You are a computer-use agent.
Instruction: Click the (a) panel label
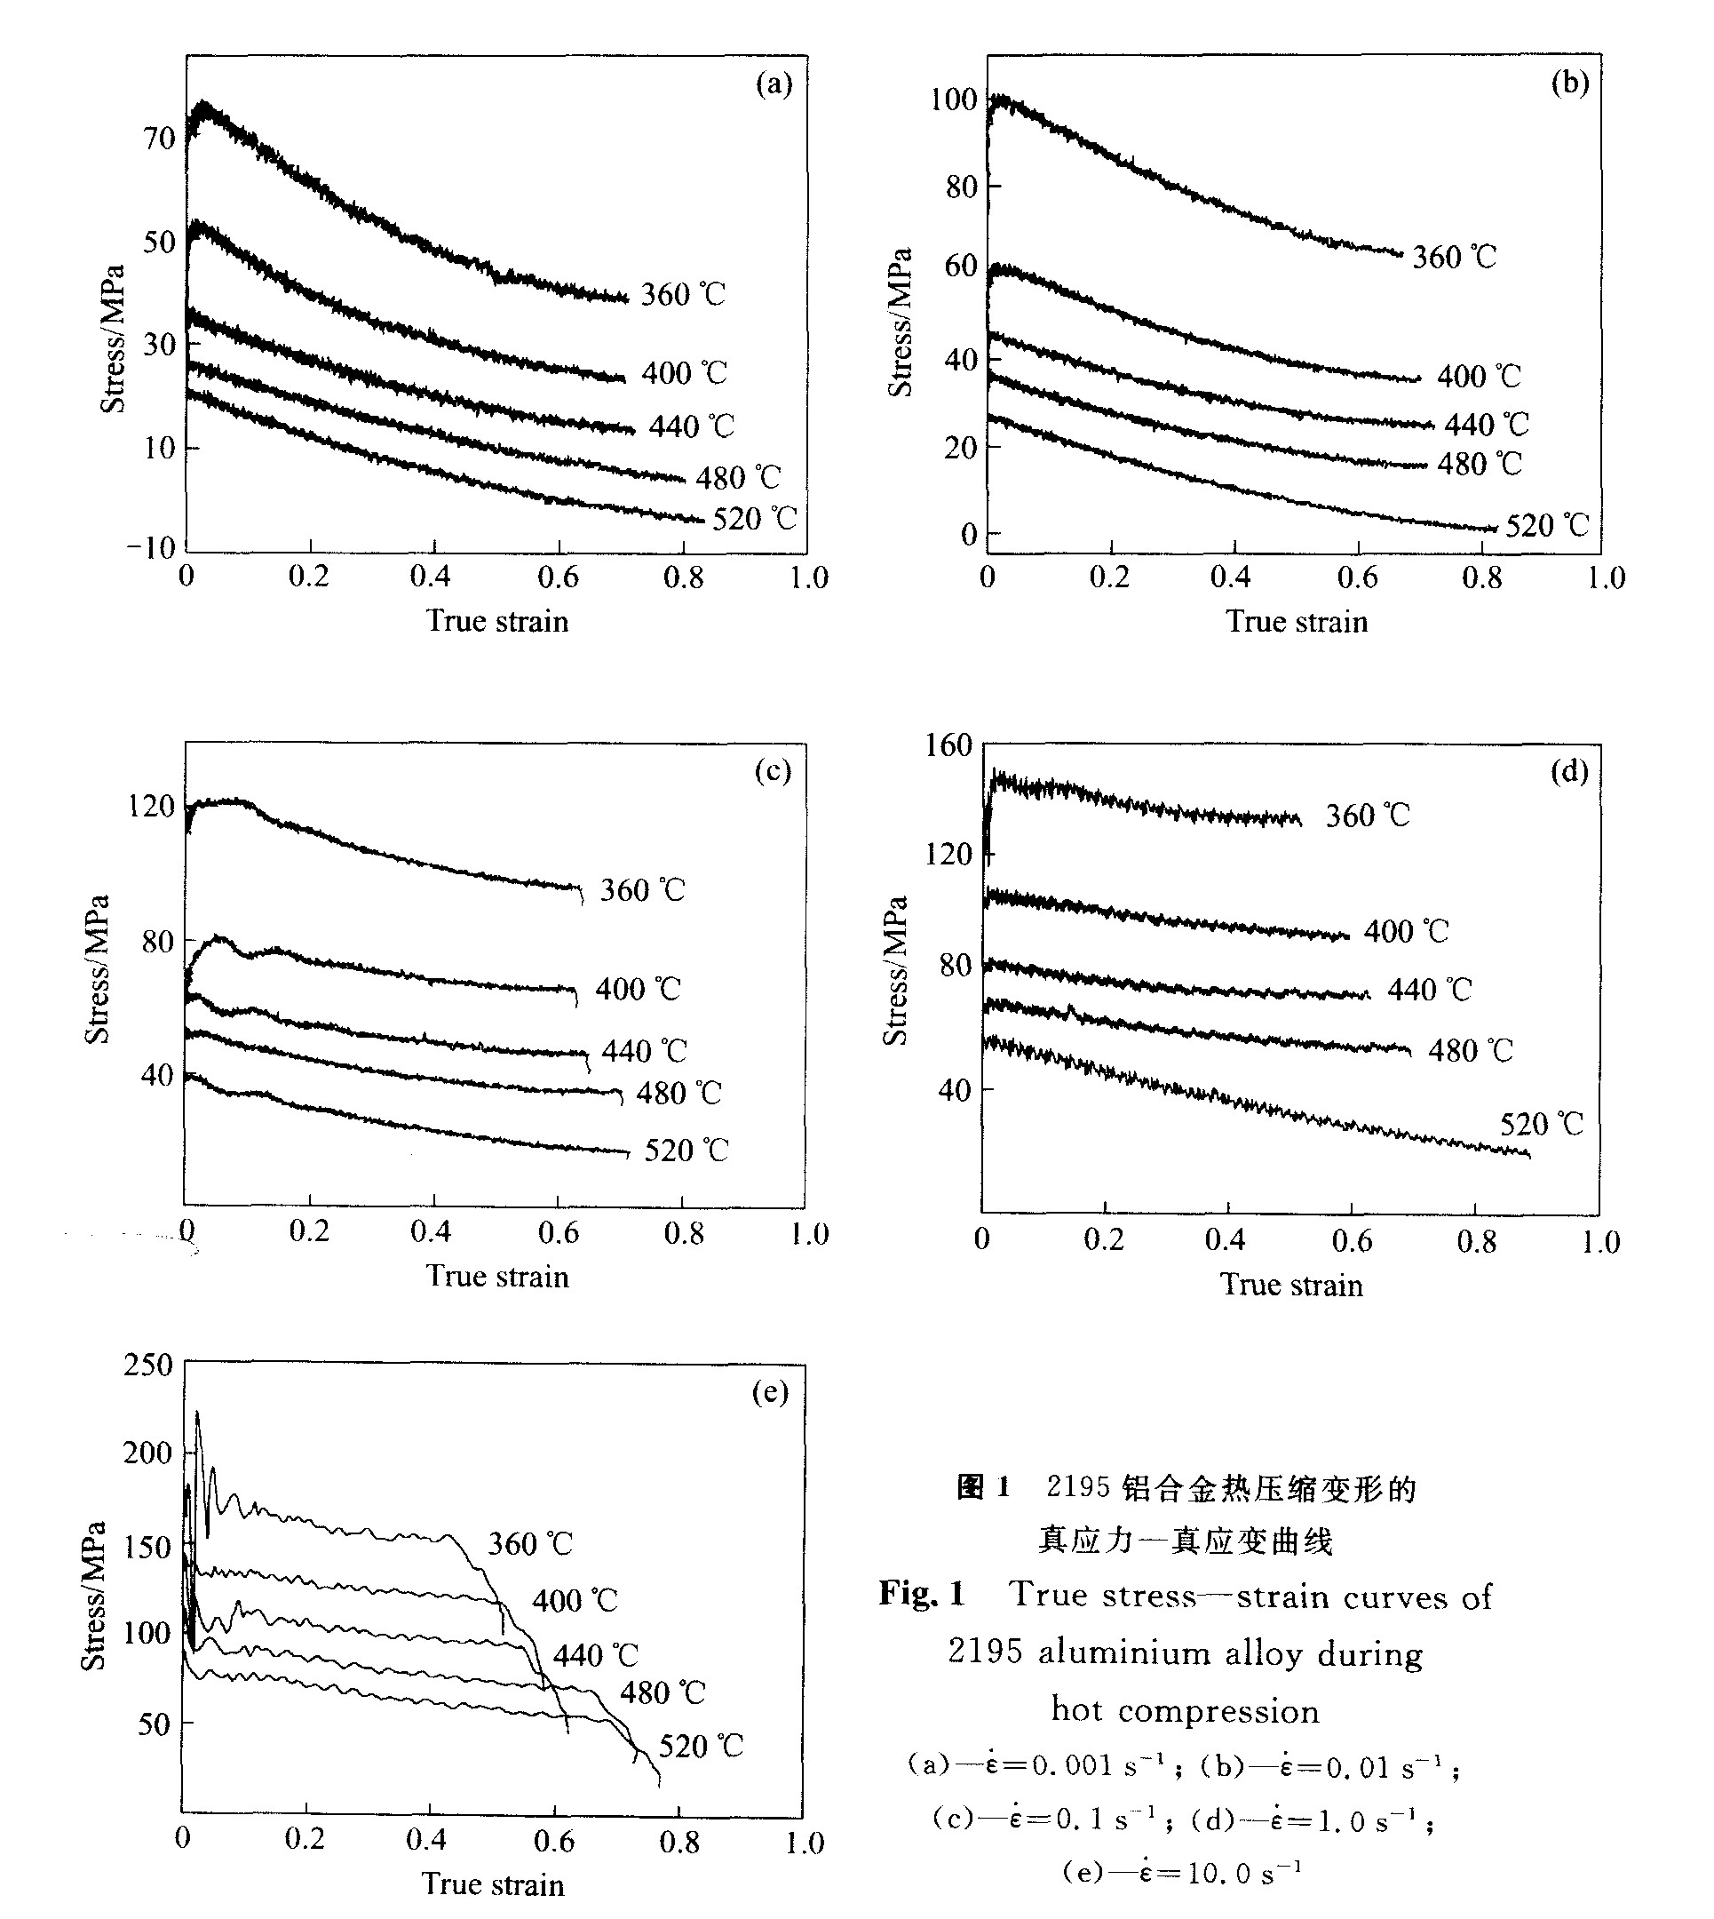774,84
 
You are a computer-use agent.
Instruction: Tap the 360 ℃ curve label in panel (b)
1454,256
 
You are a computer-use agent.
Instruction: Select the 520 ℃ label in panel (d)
1542,1124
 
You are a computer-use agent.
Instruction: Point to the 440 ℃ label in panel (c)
644,1050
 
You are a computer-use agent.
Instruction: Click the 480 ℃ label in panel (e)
662,1693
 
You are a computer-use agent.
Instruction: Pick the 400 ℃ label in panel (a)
685,373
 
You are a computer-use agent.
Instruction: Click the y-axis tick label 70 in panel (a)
159,139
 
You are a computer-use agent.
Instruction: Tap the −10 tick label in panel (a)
151,547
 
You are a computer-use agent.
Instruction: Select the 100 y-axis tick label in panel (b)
953,99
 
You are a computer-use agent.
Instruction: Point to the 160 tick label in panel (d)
948,745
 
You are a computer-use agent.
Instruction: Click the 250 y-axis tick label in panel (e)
147,1365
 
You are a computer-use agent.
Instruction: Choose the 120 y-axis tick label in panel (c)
151,807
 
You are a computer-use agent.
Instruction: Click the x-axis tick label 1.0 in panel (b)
1606,577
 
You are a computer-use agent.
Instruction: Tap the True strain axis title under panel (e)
494,1883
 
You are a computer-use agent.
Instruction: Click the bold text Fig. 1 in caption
922,1594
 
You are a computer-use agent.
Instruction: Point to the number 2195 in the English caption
984,1652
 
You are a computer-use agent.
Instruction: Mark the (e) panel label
770,1392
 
